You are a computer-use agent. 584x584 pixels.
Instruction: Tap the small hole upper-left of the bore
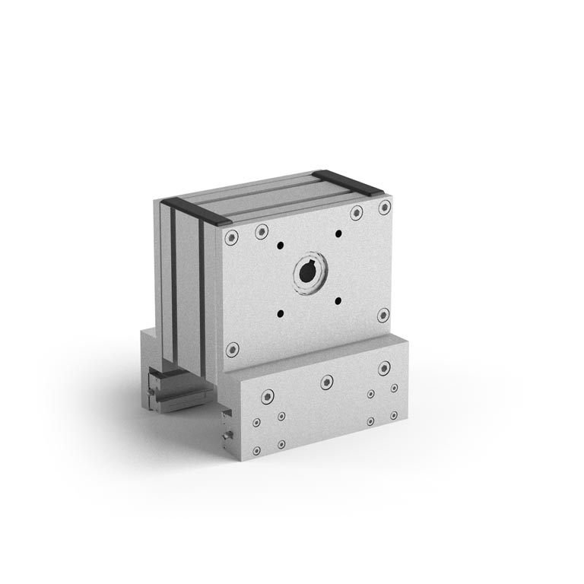tap(281, 245)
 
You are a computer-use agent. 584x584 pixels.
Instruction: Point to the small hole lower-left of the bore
tap(281, 313)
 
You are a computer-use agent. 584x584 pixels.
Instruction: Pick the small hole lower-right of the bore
tap(338, 300)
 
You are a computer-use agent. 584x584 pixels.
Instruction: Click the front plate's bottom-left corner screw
tap(233, 350)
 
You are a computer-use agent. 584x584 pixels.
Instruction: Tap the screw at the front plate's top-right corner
tap(384, 207)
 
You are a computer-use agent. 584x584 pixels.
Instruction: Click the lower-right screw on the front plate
tap(383, 315)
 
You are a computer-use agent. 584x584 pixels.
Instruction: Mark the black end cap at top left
tap(196, 210)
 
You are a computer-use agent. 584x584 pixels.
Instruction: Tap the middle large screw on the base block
tap(327, 382)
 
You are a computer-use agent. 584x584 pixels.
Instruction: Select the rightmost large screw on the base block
tap(385, 369)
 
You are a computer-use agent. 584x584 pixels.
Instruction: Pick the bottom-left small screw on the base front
tap(281, 443)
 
